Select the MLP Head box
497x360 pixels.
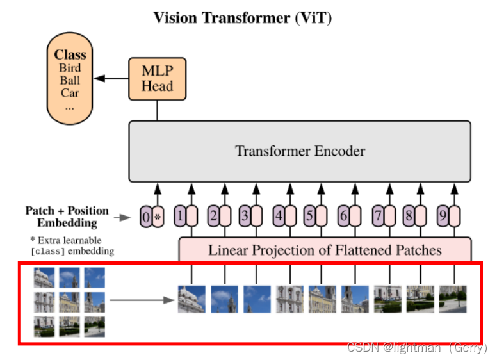[157, 78]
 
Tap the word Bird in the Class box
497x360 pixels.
[70, 68]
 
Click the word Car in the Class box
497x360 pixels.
[70, 93]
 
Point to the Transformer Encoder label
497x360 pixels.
[300, 152]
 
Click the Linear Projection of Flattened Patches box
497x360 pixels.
[324, 250]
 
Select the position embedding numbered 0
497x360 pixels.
[146, 217]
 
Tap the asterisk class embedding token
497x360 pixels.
[158, 217]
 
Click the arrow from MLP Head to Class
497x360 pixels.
[110, 78]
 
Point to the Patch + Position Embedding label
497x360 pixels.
[67, 217]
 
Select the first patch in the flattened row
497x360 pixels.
[191, 299]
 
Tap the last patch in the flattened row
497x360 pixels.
[453, 299]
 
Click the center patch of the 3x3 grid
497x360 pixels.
[69, 301]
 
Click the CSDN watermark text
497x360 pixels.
[416, 347]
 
